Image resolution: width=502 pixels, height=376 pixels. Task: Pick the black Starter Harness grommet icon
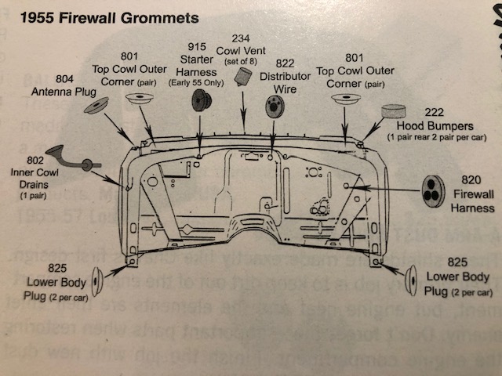point(202,99)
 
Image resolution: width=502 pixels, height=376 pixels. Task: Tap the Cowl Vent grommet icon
point(242,76)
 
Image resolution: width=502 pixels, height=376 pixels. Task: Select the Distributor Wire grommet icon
point(275,106)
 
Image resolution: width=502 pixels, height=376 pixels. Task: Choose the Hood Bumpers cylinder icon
point(391,112)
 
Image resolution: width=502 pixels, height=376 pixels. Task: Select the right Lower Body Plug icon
point(410,277)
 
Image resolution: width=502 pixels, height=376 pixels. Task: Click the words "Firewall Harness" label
point(472,201)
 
